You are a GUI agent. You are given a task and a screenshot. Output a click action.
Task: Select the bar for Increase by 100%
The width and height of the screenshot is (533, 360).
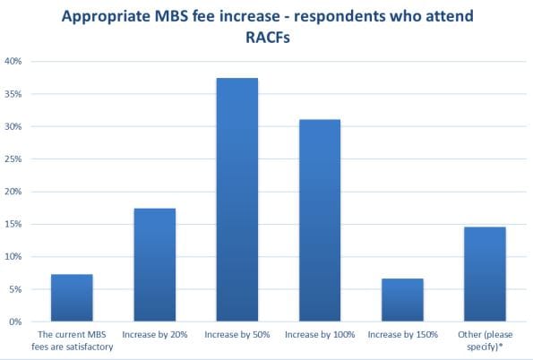[x=319, y=220]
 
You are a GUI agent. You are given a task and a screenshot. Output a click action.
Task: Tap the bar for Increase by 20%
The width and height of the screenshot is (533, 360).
[x=154, y=264]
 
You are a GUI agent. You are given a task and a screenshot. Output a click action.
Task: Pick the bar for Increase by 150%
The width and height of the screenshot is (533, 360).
[x=402, y=299]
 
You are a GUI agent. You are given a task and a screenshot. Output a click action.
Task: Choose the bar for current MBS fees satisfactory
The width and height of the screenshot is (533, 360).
[x=72, y=297]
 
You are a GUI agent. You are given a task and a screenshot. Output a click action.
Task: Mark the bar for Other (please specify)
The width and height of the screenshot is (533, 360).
[x=484, y=274]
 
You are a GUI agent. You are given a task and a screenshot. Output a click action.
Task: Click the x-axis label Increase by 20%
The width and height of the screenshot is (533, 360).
[x=154, y=334]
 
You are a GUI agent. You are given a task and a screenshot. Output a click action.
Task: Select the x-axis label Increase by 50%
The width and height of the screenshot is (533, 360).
[x=236, y=334]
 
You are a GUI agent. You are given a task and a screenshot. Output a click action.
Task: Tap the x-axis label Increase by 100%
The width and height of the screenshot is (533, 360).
[x=319, y=334]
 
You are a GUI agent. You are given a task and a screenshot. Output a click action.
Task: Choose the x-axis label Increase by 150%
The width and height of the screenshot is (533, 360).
[x=402, y=334]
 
